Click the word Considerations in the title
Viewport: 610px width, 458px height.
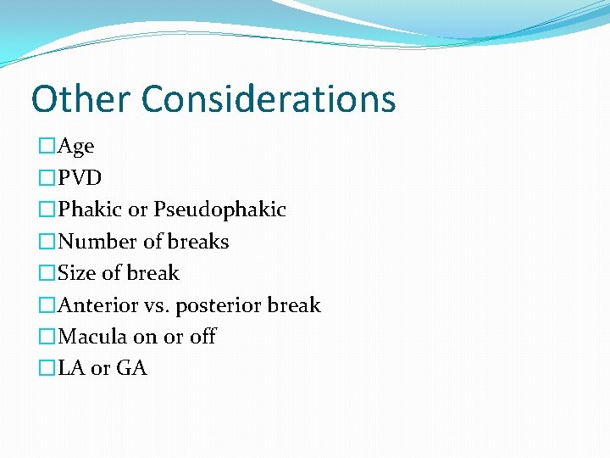[x=269, y=98]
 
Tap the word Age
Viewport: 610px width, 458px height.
[x=75, y=147]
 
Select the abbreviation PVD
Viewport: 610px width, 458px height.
[x=80, y=178]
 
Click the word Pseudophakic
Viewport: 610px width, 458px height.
[x=219, y=209]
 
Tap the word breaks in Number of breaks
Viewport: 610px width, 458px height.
[x=197, y=242]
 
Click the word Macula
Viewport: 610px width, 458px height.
[x=92, y=337]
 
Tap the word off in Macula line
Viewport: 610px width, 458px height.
[x=202, y=337]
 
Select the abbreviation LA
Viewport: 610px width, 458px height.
[x=70, y=368]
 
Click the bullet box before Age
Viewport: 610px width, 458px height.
[x=47, y=147]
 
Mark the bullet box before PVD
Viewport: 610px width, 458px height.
[x=47, y=178]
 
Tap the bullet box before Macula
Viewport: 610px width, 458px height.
[x=47, y=337]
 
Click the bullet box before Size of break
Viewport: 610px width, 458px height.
[x=47, y=273]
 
